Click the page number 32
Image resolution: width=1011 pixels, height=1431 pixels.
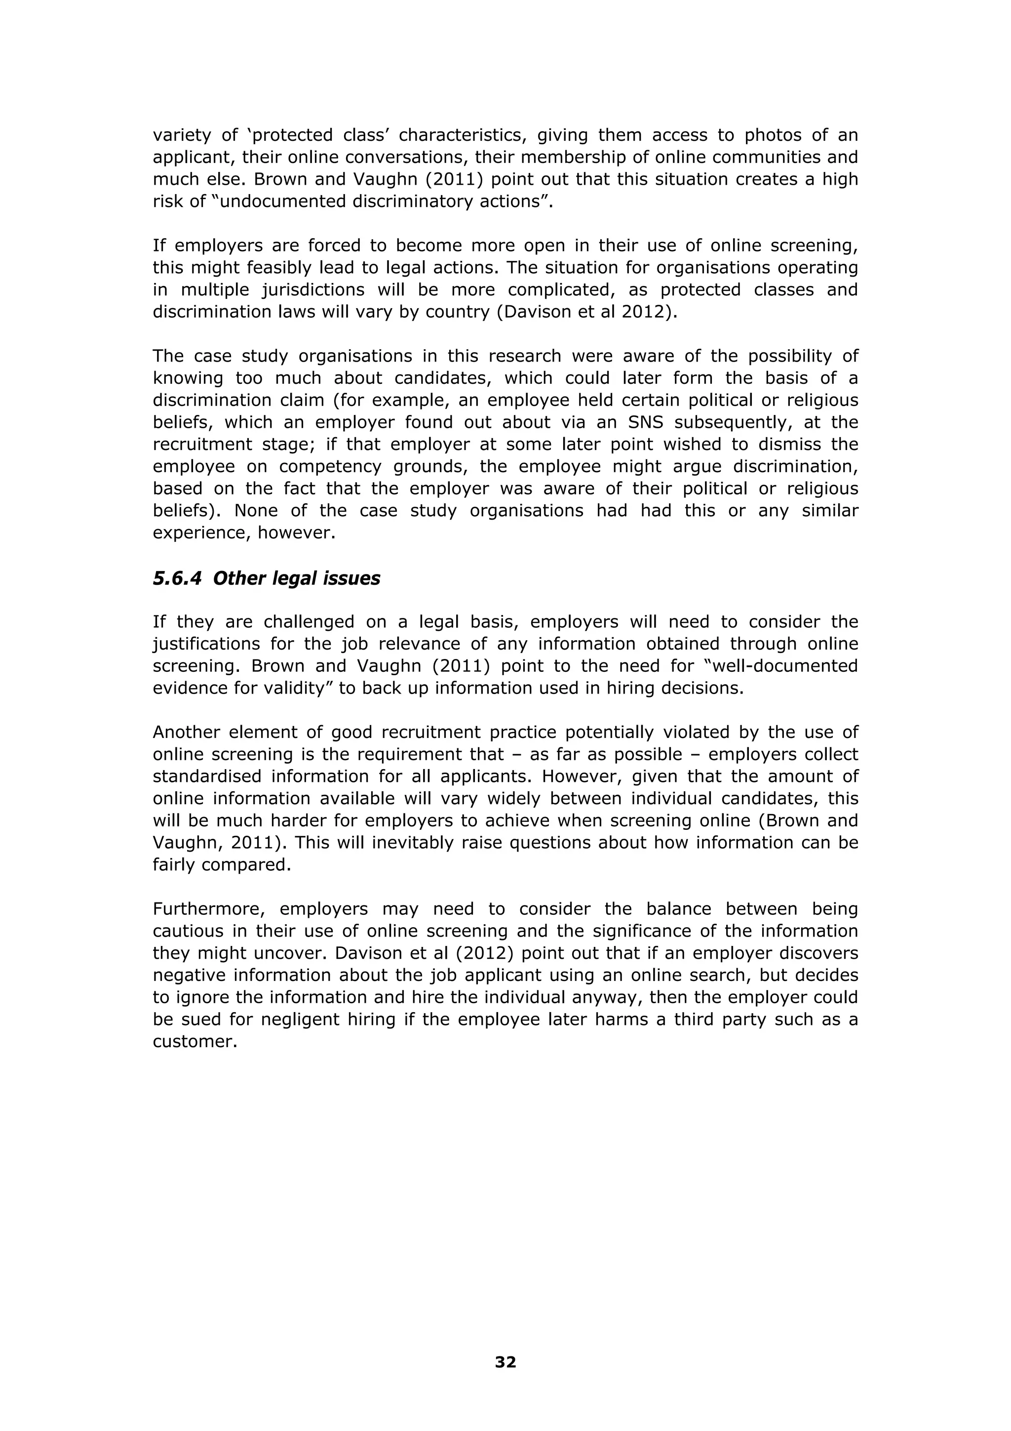tap(505, 1362)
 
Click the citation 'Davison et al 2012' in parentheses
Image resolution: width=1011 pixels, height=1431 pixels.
tap(583, 312)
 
